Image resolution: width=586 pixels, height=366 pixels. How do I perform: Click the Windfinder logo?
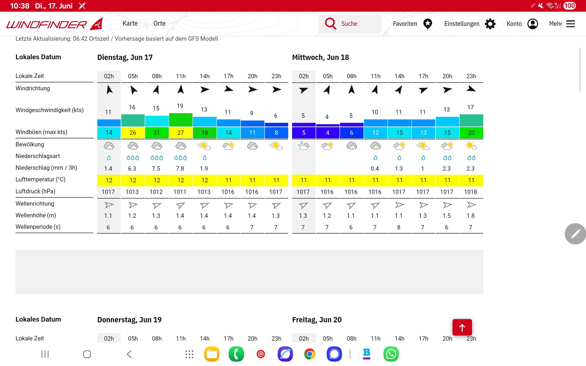[x=54, y=24]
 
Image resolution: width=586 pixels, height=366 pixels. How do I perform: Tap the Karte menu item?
[x=130, y=23]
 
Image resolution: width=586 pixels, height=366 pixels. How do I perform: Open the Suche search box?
[x=349, y=24]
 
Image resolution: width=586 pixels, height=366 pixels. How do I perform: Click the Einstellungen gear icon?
[x=490, y=24]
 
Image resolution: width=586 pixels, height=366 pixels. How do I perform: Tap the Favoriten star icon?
[x=428, y=24]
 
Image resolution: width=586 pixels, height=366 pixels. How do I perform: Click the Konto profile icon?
[x=533, y=24]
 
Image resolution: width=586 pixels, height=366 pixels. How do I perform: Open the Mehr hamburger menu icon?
[x=570, y=24]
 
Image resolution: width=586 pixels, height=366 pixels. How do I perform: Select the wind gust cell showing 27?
[x=181, y=133]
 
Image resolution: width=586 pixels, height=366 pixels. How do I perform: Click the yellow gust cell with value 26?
[x=133, y=133]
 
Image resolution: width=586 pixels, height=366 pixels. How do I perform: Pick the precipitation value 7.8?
[x=180, y=168]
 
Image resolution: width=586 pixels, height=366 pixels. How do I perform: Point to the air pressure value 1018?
[x=471, y=192]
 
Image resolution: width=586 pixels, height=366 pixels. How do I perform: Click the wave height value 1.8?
[x=471, y=216]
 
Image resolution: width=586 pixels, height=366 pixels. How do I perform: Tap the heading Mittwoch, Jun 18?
[x=320, y=57]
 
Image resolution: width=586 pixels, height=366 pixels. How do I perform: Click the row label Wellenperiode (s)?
[x=38, y=227]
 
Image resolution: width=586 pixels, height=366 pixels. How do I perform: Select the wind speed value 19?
[x=180, y=106]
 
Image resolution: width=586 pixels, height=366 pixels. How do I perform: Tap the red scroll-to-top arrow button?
[x=462, y=328]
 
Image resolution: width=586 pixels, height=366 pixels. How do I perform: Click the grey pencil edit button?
[x=575, y=234]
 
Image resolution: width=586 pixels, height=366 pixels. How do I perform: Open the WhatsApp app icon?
[x=391, y=354]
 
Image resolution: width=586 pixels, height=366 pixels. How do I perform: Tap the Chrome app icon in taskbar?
[x=309, y=354]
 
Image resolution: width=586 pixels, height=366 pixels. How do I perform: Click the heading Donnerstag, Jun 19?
[x=129, y=320]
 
